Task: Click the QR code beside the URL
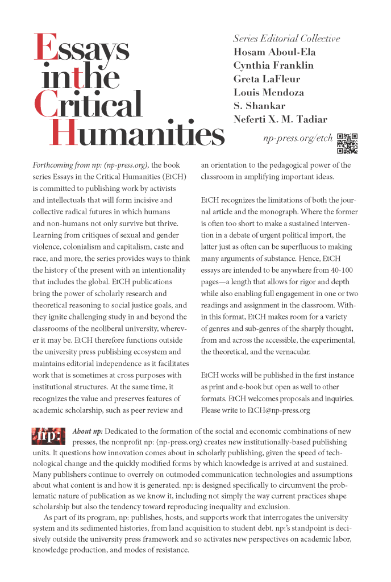[347, 143]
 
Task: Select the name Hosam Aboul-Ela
[275, 52]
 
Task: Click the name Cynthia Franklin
[273, 65]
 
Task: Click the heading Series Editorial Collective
[286, 39]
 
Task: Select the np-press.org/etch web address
[297, 138]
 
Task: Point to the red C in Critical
[47, 106]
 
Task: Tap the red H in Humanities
[64, 132]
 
